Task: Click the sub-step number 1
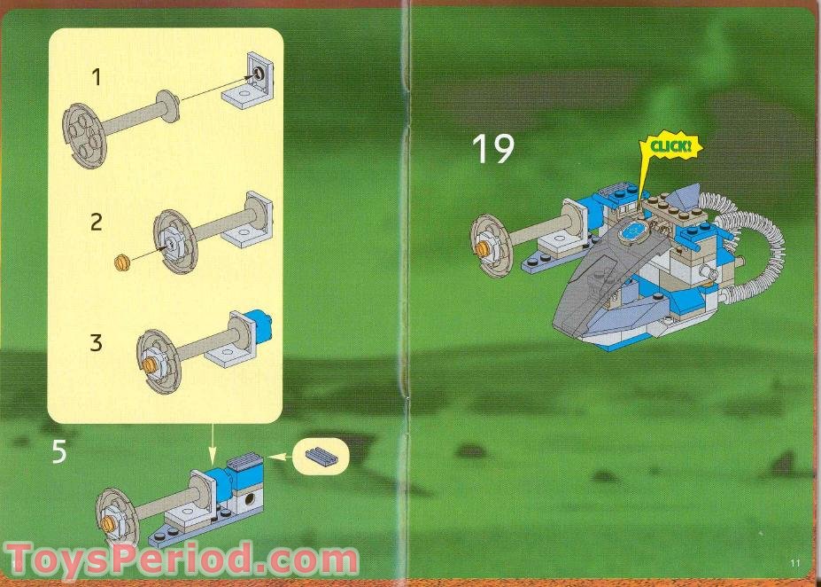[96, 77]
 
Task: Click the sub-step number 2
[96, 222]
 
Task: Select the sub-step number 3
[96, 342]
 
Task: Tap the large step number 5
[58, 452]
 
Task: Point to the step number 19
[492, 149]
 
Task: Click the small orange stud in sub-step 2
[124, 261]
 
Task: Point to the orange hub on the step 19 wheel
[483, 249]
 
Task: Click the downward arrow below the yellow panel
[213, 441]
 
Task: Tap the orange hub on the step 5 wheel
[110, 523]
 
